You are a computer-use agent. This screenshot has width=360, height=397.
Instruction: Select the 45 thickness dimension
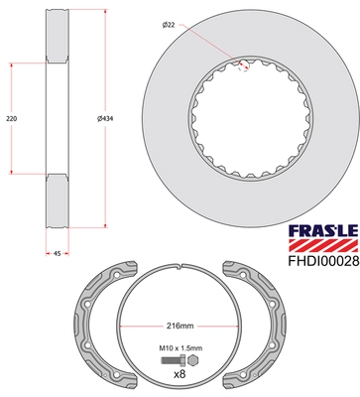coord(58,254)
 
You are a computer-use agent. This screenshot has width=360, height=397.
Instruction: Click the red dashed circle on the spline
coord(242,67)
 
